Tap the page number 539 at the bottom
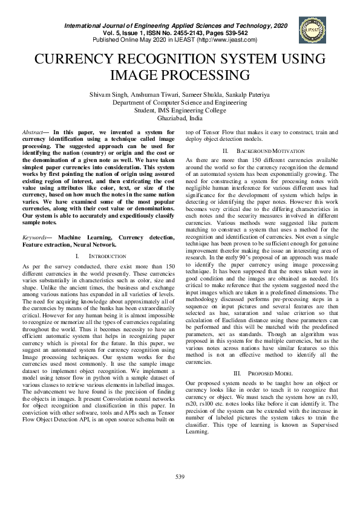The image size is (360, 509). click(x=180, y=478)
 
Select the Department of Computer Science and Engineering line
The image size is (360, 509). click(x=180, y=102)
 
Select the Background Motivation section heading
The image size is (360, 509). click(x=264, y=150)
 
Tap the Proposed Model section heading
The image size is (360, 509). click(x=266, y=374)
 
